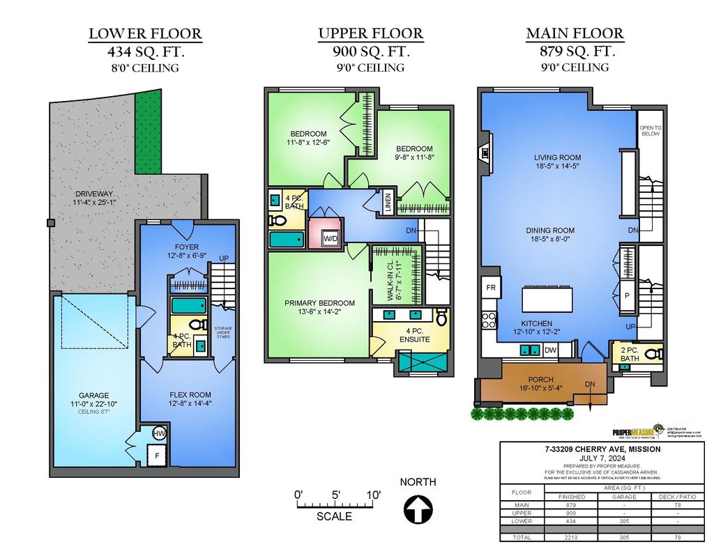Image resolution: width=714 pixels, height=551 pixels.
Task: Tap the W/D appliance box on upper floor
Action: [x=329, y=239]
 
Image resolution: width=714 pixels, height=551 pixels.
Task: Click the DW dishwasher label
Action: [x=550, y=350]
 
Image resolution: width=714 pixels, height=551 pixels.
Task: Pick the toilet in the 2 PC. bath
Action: [x=653, y=355]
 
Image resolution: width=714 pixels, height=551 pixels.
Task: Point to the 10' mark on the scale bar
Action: [x=374, y=495]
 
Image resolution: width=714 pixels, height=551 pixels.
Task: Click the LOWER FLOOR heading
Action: [x=145, y=33]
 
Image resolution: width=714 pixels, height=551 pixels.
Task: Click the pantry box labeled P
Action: [x=628, y=295]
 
